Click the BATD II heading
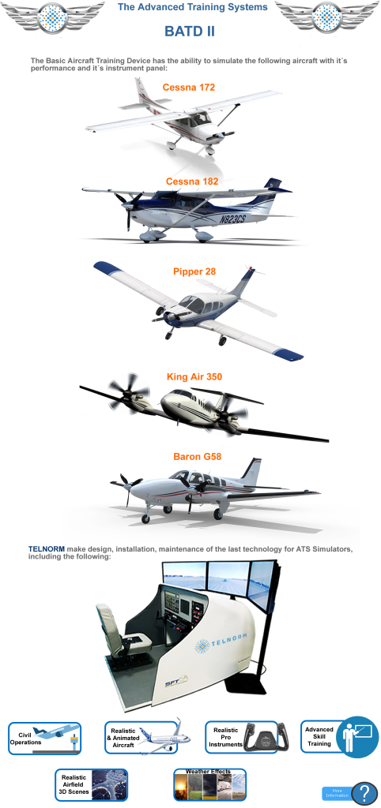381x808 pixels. (x=190, y=32)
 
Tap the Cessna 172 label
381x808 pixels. (x=189, y=87)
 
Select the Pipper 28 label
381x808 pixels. (x=194, y=271)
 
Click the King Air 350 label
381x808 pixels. (x=194, y=376)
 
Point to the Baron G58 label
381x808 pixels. (x=197, y=456)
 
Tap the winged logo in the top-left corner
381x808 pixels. (x=53, y=17)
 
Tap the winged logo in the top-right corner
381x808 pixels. (x=327, y=17)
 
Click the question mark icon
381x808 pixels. (x=364, y=792)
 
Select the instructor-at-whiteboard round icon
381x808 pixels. (x=356, y=737)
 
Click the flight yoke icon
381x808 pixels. (x=260, y=737)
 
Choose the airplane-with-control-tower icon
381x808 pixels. (x=55, y=737)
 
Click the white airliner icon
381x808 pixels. (x=159, y=737)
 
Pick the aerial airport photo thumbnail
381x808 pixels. (x=109, y=784)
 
